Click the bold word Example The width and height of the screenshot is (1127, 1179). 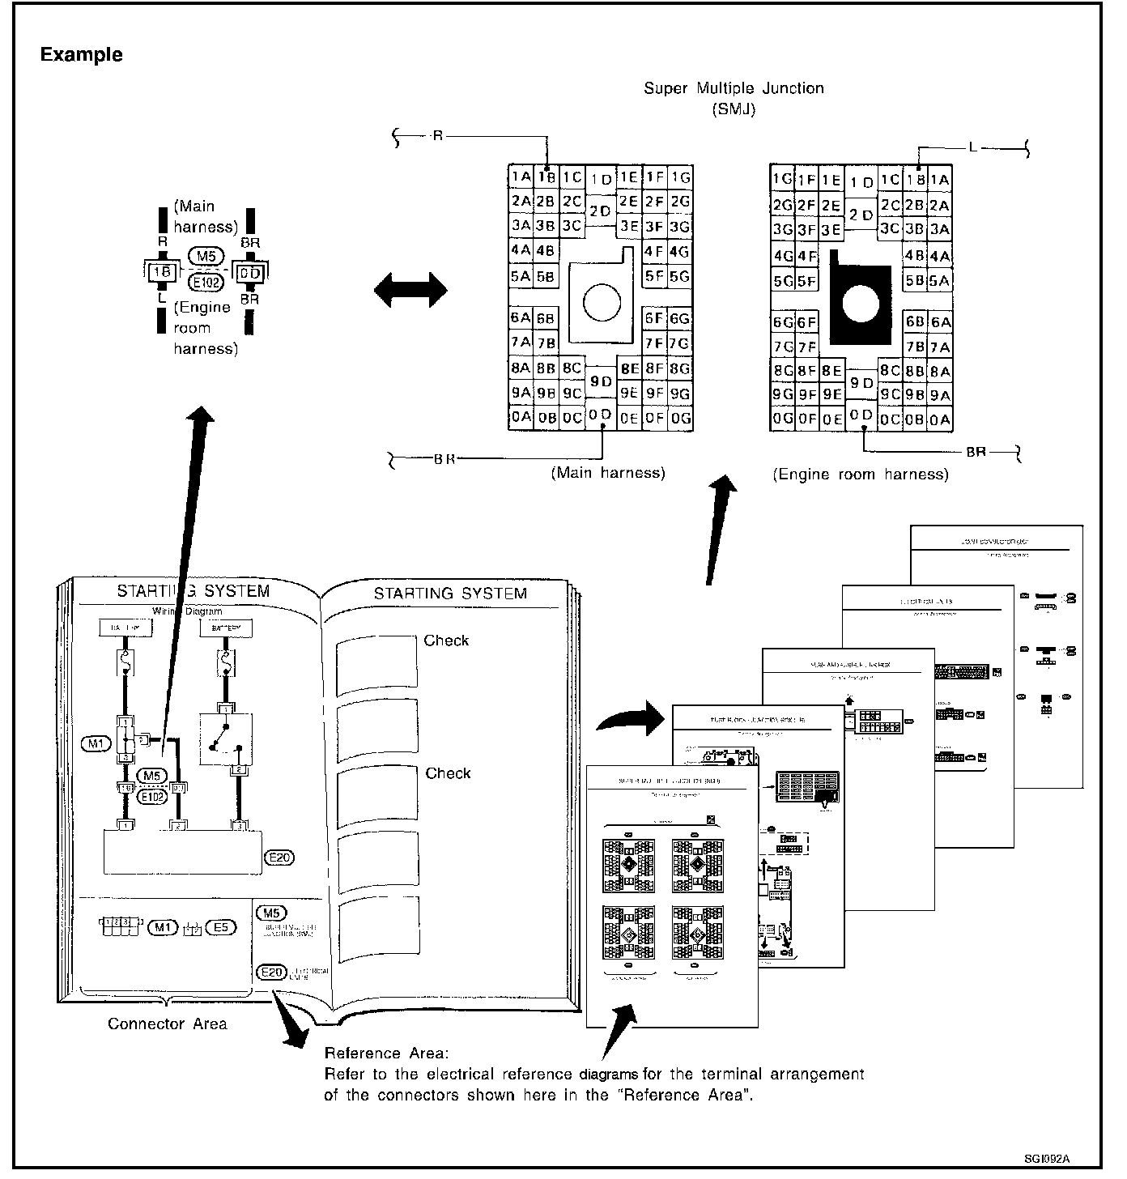coord(82,55)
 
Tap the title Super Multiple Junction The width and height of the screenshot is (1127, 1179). coord(734,88)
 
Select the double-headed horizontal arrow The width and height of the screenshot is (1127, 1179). coord(410,289)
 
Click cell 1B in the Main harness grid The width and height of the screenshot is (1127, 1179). coord(546,177)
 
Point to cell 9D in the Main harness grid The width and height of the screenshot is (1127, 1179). coord(601,381)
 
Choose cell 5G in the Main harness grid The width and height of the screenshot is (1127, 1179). coord(680,276)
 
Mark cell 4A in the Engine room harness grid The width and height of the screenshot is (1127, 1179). coord(940,257)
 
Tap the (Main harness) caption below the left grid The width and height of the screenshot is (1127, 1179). coord(608,473)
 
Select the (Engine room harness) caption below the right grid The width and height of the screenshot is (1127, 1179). coord(860,475)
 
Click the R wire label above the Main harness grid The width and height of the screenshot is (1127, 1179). coord(437,137)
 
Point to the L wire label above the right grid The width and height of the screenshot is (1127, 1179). coord(972,148)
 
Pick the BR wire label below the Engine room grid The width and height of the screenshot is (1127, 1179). coord(976,452)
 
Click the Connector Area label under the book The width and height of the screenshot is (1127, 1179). coord(168,1024)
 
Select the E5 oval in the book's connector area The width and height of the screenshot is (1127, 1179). coord(220,927)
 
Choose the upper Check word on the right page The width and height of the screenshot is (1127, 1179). coord(446,641)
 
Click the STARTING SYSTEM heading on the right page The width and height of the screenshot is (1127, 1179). coord(450,594)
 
